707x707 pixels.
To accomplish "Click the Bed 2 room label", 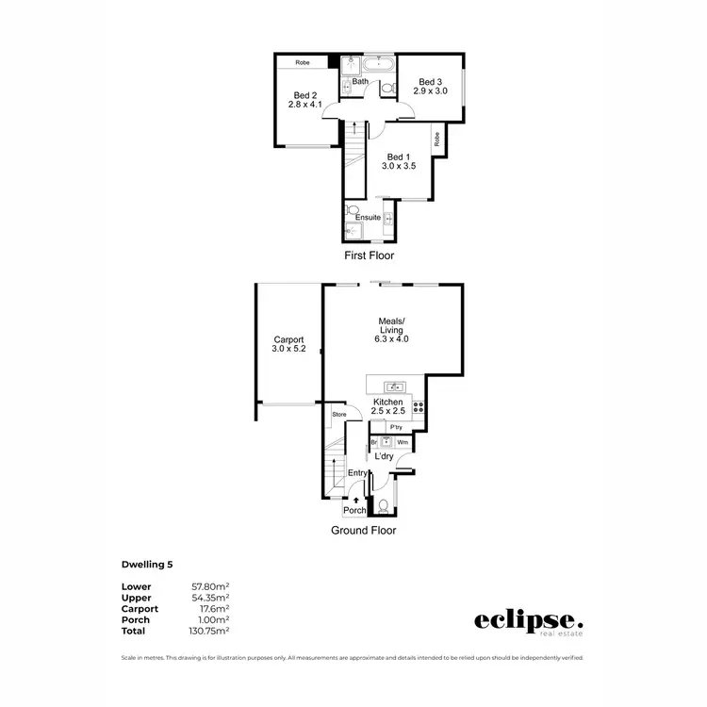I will click(304, 100).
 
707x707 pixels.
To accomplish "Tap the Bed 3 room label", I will click(430, 86).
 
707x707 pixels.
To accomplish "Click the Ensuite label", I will click(369, 218).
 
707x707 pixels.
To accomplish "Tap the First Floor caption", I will click(369, 255).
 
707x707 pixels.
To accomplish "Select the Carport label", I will click(289, 344).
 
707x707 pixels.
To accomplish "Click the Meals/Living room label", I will click(390, 330).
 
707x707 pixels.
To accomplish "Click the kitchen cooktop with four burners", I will click(419, 408).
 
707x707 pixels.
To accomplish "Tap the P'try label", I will click(396, 427).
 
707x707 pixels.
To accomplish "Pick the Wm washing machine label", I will click(402, 441).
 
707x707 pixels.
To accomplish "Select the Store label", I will click(339, 414).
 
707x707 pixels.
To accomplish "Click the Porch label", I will click(354, 511).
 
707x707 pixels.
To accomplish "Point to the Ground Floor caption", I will click(363, 531).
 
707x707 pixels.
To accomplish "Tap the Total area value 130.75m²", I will click(210, 630).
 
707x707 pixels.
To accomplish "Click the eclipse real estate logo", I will click(528, 621).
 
